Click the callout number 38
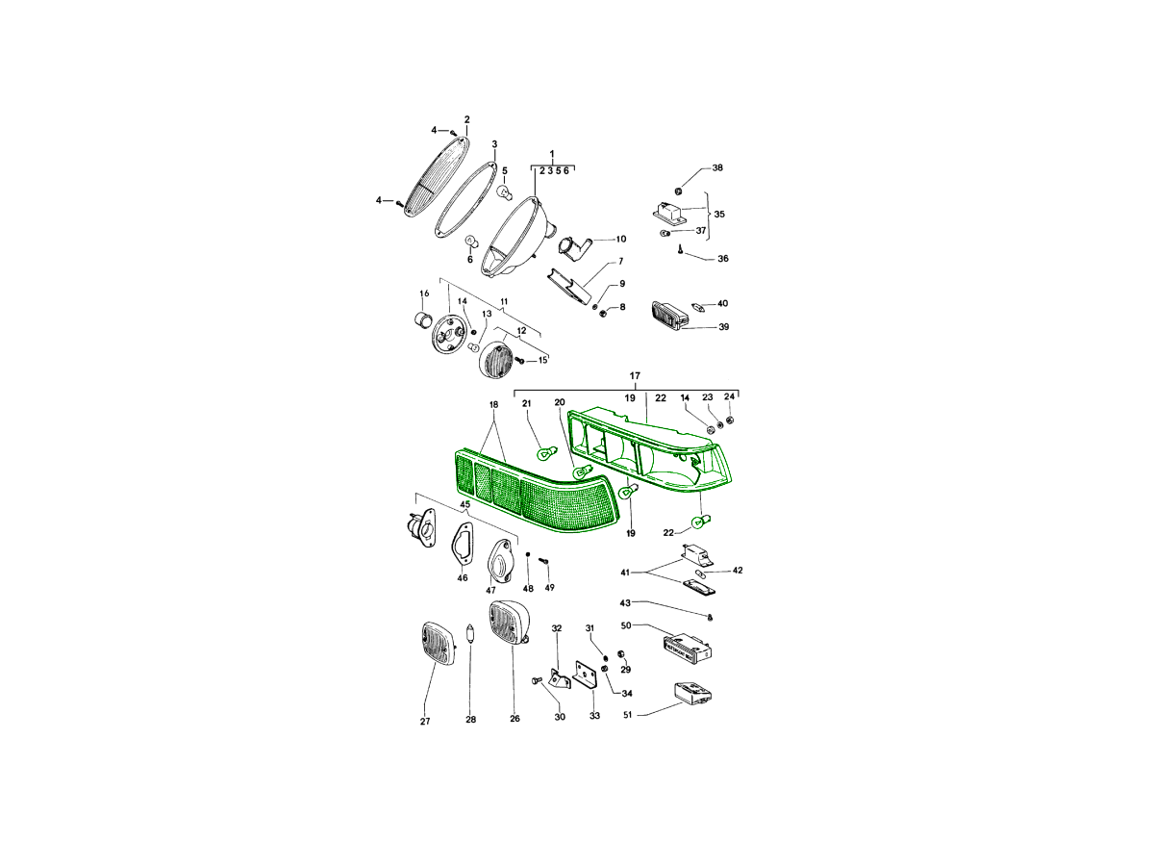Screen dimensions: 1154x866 [717, 167]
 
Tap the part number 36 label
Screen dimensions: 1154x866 [723, 259]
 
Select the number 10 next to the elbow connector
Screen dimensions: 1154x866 [621, 240]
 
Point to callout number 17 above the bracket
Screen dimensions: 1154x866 [635, 376]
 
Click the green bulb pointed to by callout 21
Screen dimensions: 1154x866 [545, 452]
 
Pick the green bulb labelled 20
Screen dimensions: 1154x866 [582, 472]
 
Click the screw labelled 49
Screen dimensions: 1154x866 [543, 561]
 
